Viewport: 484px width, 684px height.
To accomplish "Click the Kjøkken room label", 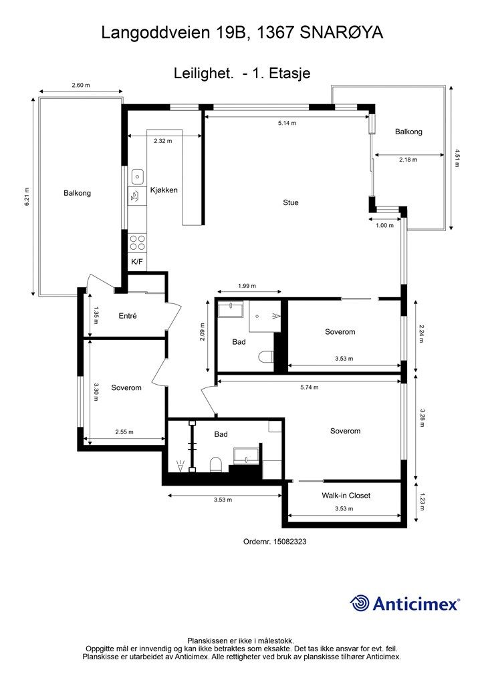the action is click(164, 190).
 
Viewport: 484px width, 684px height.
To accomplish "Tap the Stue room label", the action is click(291, 202).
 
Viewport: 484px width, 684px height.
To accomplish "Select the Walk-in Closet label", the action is click(346, 496).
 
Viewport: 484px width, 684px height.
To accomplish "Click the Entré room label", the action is click(128, 316).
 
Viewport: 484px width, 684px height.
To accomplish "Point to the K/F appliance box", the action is click(137, 262).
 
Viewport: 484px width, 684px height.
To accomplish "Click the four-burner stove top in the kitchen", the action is click(137, 242).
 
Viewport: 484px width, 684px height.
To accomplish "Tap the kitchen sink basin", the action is click(138, 176).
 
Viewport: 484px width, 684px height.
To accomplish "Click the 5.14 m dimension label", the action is click(287, 124).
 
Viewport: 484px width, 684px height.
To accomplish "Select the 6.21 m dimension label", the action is click(27, 196).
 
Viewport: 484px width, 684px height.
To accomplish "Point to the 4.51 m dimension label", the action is click(457, 158).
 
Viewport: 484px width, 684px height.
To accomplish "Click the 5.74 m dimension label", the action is click(310, 387).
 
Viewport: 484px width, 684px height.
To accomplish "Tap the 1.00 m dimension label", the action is click(384, 226).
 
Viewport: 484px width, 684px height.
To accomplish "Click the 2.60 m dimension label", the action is click(81, 85).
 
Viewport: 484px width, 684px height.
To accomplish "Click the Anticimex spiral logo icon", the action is click(360, 603).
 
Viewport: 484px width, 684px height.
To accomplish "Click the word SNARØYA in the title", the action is click(342, 33).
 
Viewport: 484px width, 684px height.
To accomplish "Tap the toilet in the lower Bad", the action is click(216, 465).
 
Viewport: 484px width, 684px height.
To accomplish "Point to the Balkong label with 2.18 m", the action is click(408, 132).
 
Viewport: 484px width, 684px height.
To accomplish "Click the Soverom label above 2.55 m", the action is click(126, 388).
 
